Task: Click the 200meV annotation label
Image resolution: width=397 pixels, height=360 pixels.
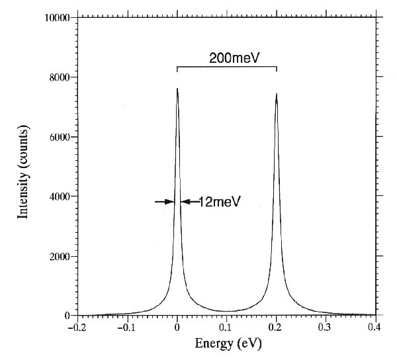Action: (x=226, y=58)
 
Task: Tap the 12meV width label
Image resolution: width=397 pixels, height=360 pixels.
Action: (x=214, y=202)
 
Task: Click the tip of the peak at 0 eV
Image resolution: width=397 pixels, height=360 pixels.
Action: (x=177, y=89)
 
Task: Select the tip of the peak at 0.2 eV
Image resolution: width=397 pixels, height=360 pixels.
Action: (x=276, y=93)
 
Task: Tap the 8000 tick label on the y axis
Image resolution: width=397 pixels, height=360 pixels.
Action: (x=59, y=77)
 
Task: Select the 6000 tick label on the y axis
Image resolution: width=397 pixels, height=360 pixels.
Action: (x=59, y=137)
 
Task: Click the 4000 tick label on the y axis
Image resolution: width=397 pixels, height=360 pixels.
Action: (x=59, y=197)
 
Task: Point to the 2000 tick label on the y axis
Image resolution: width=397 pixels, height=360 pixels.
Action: (x=59, y=256)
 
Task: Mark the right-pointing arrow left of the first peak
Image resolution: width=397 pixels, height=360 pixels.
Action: (x=165, y=202)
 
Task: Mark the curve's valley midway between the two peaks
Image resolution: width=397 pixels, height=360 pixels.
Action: (x=227, y=311)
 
